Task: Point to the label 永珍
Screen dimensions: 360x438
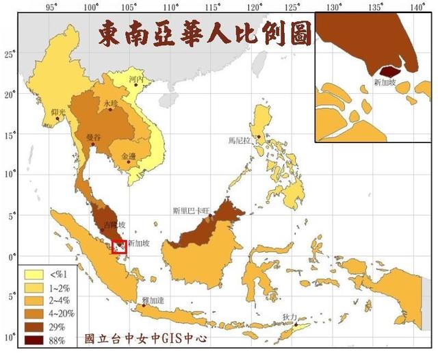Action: click(x=111, y=103)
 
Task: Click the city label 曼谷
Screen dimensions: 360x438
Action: click(x=93, y=138)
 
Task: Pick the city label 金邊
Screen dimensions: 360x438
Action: click(x=129, y=156)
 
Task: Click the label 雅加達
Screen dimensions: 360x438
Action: click(x=153, y=300)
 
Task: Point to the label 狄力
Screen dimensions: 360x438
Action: click(x=289, y=318)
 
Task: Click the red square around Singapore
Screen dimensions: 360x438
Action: click(x=120, y=245)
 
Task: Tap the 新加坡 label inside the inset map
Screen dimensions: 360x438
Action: click(x=385, y=83)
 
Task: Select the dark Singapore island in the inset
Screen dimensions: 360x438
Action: click(x=389, y=70)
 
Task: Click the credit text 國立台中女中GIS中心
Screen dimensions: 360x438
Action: click(x=144, y=338)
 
